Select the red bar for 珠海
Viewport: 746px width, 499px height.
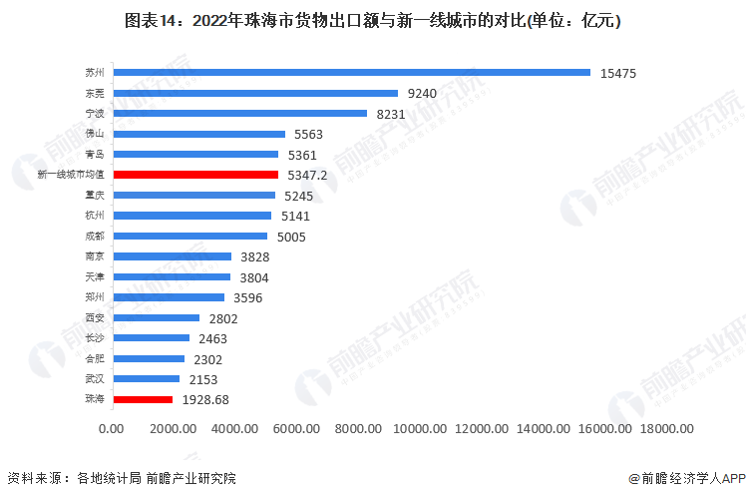pos(143,399)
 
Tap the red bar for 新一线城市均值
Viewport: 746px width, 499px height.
pos(195,175)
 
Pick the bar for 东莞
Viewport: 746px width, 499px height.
pos(255,93)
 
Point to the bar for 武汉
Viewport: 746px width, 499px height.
pos(147,379)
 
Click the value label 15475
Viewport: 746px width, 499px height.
pos(618,73)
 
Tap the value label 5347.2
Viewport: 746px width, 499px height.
pos(311,175)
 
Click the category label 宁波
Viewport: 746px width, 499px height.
pos(95,114)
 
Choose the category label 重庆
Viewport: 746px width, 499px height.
pos(95,196)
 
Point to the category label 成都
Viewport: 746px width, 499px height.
pos(95,237)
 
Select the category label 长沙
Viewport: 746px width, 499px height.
pos(95,338)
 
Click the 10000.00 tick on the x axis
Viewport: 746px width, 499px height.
pos(424,429)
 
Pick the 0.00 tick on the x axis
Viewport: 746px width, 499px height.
pos(112,429)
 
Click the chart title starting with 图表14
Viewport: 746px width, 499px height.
pos(372,21)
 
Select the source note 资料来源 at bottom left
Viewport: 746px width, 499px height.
pos(121,478)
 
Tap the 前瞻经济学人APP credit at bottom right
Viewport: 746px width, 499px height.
pos(686,478)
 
